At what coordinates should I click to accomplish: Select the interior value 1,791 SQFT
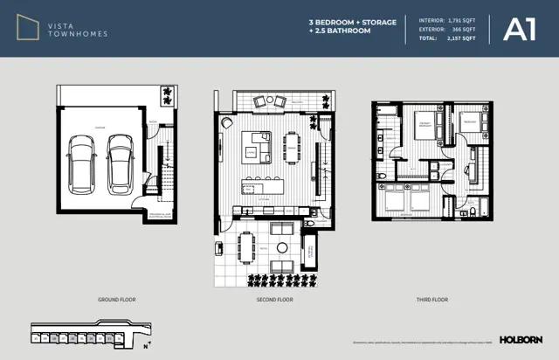(460, 17)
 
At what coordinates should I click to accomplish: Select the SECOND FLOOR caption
(275, 299)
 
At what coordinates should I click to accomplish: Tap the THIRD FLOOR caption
(433, 299)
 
